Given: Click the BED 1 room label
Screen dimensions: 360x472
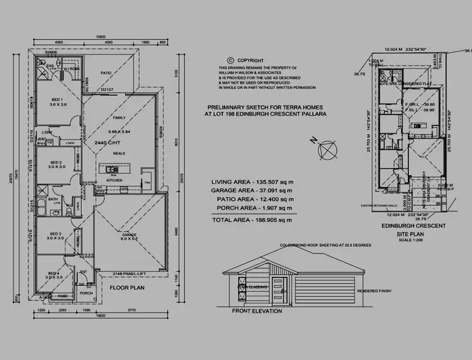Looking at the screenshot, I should click(x=55, y=99).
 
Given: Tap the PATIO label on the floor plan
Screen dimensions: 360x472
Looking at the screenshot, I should click(x=106, y=73).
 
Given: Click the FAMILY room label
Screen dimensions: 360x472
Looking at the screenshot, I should click(x=118, y=118).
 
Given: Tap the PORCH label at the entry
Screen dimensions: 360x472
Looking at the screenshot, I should click(x=86, y=293).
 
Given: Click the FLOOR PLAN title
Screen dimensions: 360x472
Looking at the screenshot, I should click(x=128, y=288).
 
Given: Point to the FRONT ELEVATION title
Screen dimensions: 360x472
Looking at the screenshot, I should click(x=257, y=311).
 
